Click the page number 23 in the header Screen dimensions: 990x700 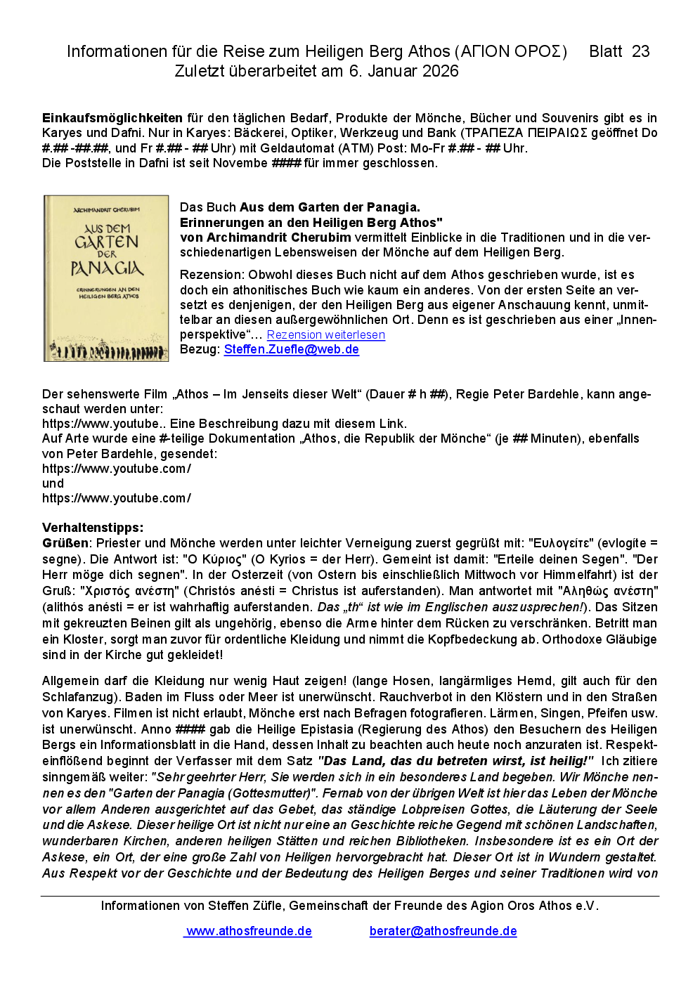pos(640,51)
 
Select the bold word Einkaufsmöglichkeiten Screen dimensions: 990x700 pos(112,118)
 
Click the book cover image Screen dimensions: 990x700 pos(106,278)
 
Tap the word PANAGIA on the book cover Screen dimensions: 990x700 pos(107,268)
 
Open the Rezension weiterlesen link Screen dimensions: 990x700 pos(325,334)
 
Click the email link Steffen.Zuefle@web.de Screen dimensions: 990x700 pos(291,349)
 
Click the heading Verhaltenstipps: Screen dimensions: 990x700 pos(93,528)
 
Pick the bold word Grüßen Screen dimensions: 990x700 pos(65,543)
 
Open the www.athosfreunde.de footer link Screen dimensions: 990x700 pos(248,931)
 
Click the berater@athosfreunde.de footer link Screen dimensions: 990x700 pos(443,931)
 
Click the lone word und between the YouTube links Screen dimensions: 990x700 pos(53,483)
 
